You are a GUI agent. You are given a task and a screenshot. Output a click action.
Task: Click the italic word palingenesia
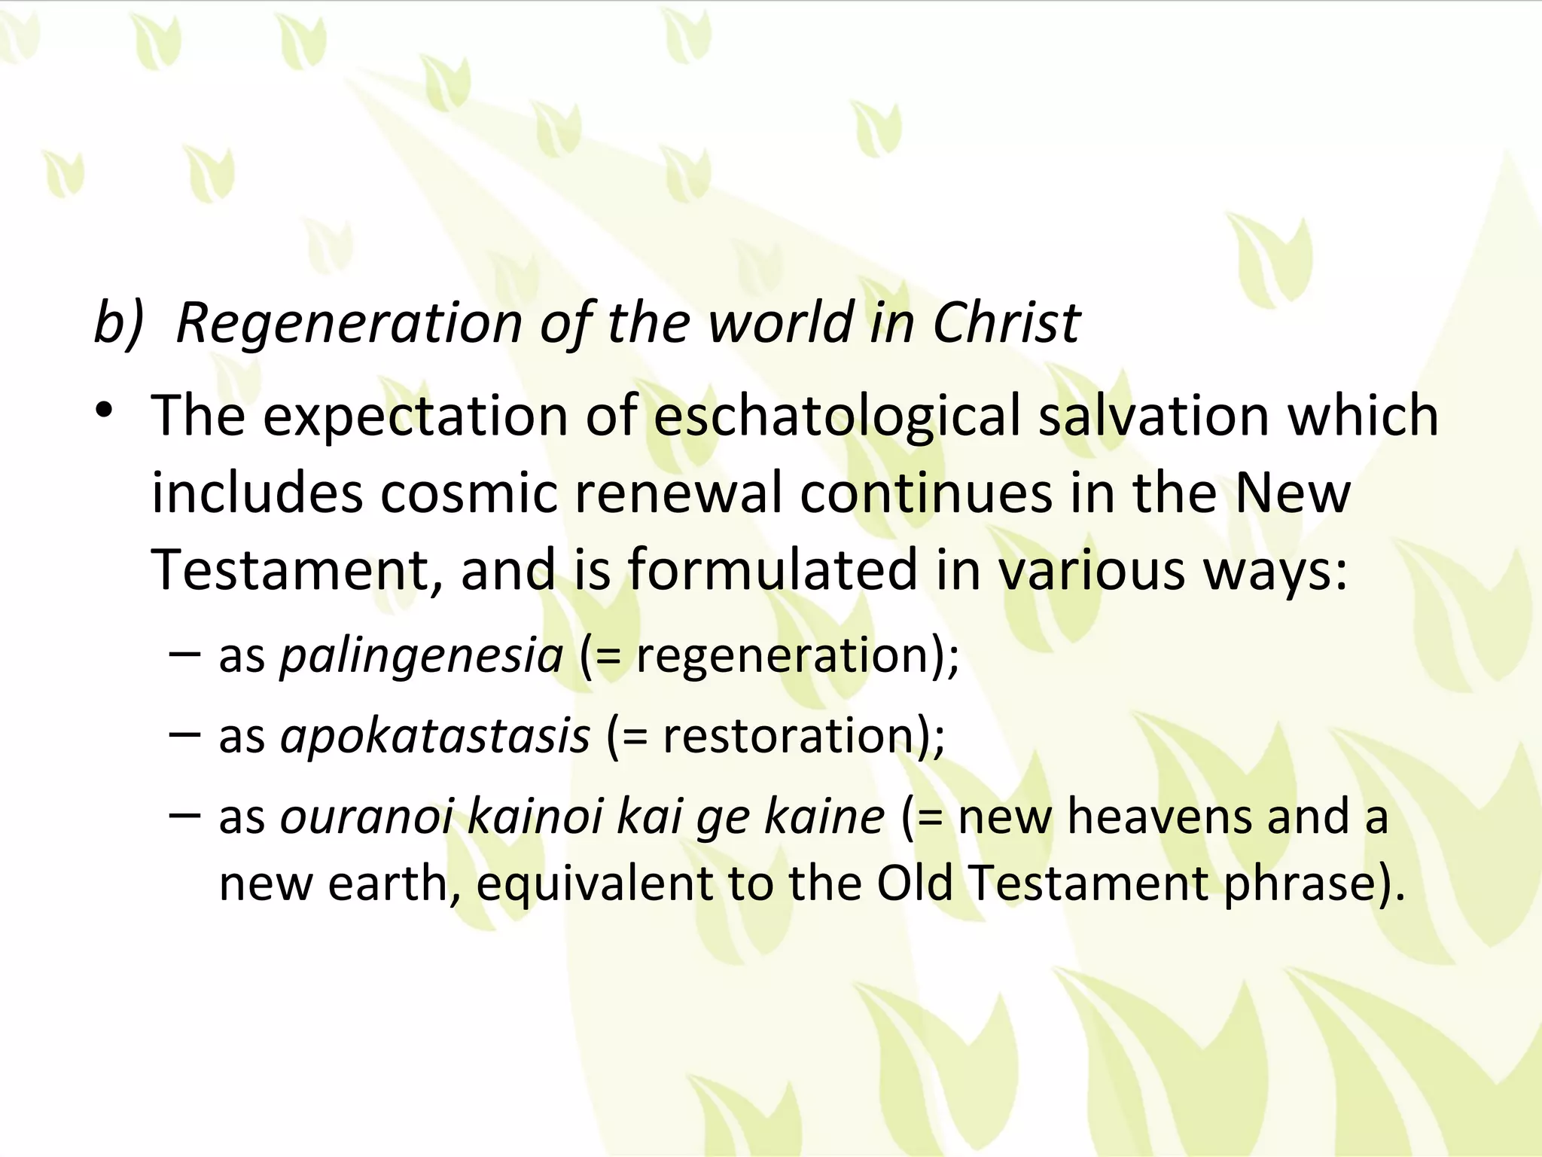[421, 655]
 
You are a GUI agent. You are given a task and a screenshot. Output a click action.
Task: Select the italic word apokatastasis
[434, 735]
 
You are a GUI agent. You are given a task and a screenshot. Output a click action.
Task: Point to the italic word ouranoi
[365, 817]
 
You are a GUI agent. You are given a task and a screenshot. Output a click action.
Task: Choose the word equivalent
[594, 883]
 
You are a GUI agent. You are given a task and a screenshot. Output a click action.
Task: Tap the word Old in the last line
[915, 883]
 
